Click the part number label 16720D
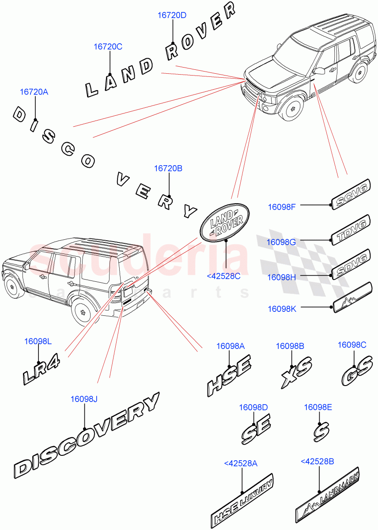tap(172, 15)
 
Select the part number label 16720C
tap(108, 46)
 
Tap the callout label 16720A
tap(34, 92)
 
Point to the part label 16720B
tap(168, 168)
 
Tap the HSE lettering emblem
tap(229, 375)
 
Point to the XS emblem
tap(296, 373)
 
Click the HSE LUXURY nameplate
tap(242, 501)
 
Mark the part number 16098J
tap(84, 399)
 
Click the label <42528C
tap(223, 276)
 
